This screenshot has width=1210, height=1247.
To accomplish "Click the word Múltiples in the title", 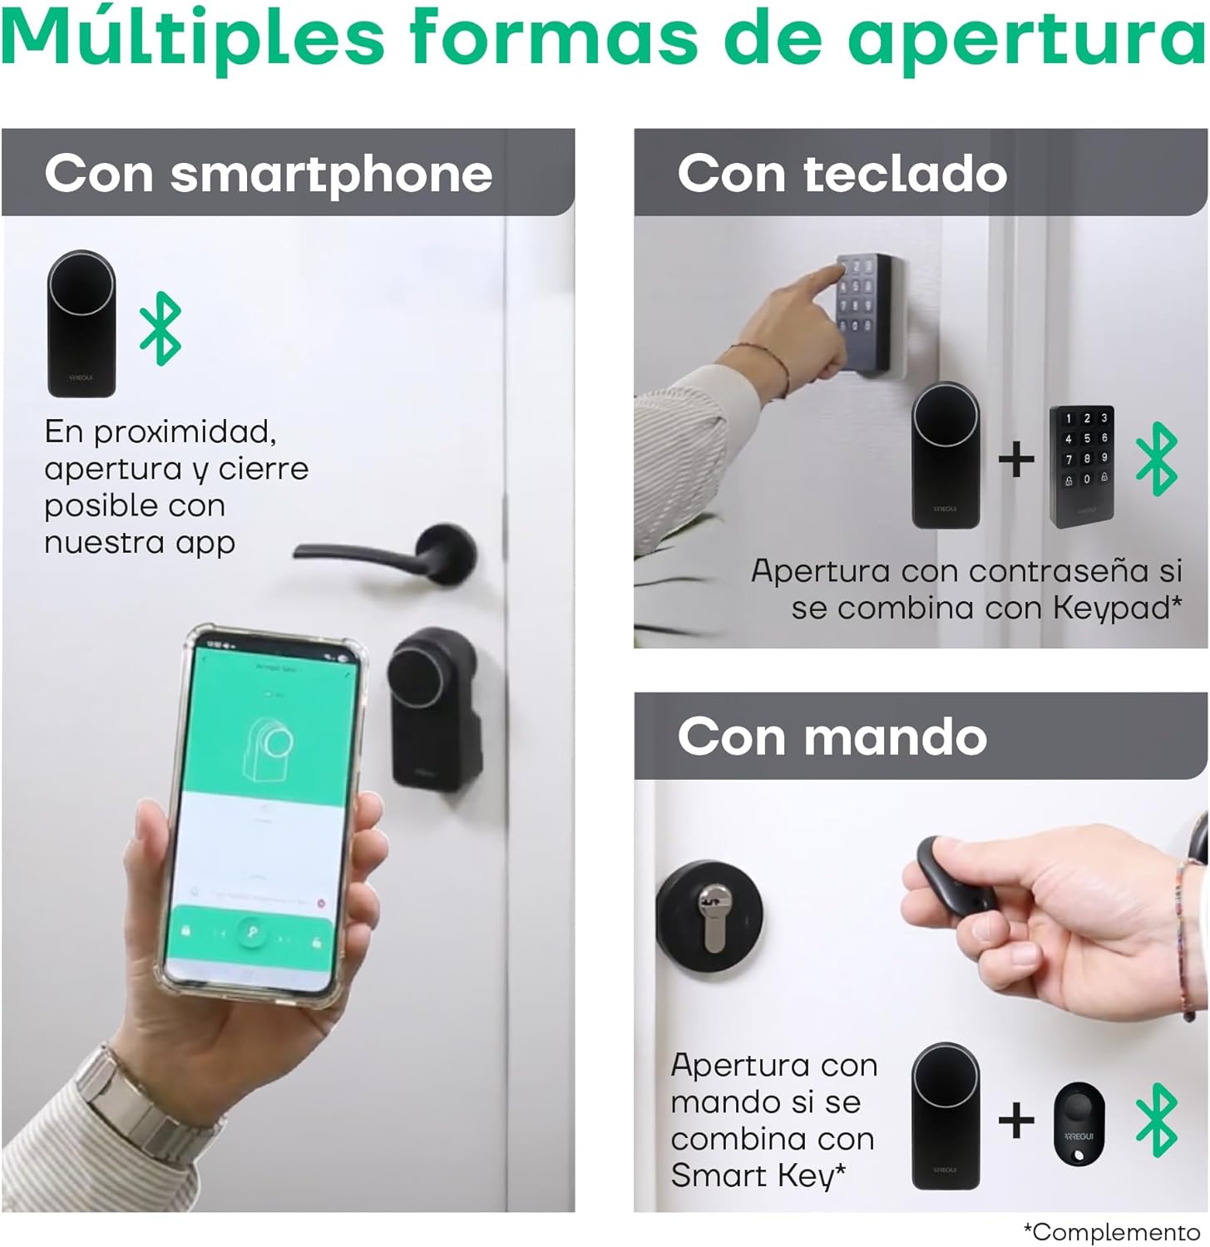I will click(x=193, y=38).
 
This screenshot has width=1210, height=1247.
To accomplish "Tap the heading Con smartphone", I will click(x=268, y=174).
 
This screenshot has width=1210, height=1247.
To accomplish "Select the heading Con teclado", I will click(x=842, y=174).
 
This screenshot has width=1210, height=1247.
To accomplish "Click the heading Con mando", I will click(x=832, y=737).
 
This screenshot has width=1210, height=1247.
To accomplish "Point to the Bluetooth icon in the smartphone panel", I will click(x=160, y=328).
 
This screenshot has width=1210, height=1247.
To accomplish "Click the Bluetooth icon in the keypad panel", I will click(x=1157, y=459).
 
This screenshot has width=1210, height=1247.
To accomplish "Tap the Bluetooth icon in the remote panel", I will click(x=1157, y=1120).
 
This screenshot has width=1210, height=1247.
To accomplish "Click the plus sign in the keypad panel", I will click(x=1015, y=460).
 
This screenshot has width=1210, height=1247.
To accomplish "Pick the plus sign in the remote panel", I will click(x=1015, y=1121).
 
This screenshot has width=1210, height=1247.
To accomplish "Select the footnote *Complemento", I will click(x=1111, y=1231).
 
